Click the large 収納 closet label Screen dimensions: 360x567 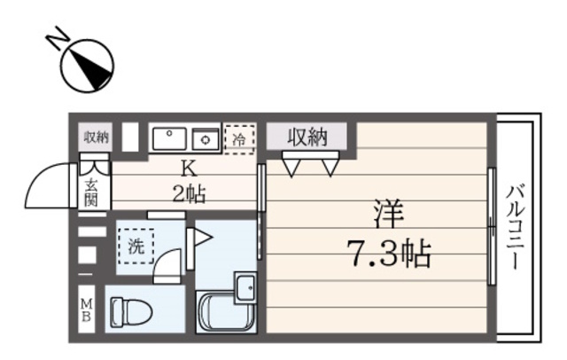[307, 137]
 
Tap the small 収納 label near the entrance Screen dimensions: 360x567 [96, 137]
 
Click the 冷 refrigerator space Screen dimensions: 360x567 [238, 138]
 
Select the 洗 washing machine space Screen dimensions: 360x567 [136, 247]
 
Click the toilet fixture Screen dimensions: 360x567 [129, 310]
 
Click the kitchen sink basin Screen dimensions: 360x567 [168, 138]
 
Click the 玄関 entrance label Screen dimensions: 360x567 [92, 192]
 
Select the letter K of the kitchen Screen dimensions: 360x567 [188, 168]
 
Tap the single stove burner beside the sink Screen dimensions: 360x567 [206, 138]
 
